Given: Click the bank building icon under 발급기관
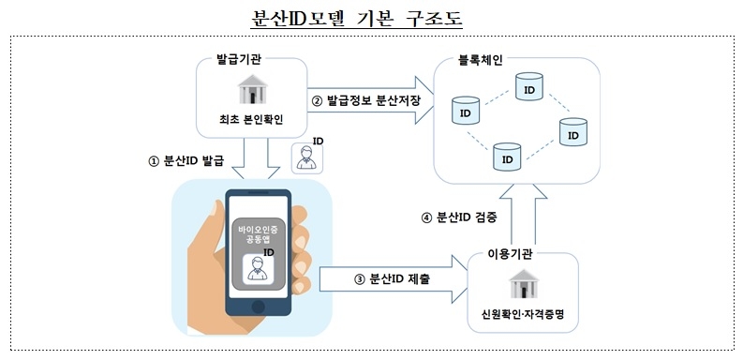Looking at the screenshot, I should tap(248, 92).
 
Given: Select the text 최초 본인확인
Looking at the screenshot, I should tap(248, 120).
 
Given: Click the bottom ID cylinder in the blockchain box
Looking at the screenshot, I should tap(507, 157).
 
